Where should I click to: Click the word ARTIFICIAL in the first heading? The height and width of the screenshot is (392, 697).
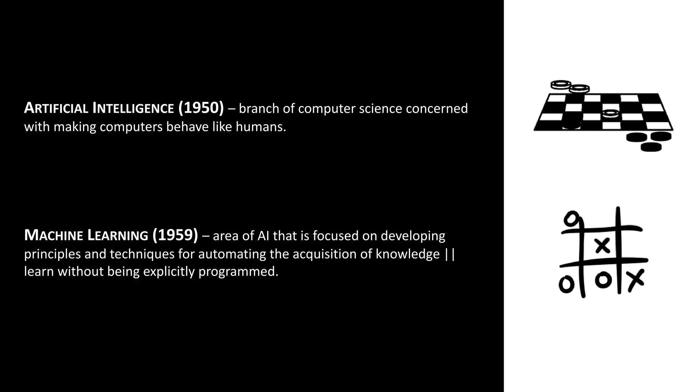(56, 108)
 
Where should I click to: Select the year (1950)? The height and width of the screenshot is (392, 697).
(201, 108)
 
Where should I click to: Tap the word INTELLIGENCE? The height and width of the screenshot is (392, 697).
(133, 108)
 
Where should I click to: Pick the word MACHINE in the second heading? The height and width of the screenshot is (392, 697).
(54, 235)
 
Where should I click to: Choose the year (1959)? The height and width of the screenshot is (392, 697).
(175, 235)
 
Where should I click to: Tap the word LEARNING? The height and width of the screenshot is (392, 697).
(118, 235)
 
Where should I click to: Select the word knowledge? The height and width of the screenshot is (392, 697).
(408, 254)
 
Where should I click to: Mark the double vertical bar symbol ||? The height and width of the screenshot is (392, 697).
(450, 254)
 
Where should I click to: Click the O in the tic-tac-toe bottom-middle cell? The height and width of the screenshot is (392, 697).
(603, 280)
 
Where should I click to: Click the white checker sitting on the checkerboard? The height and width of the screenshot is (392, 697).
(611, 113)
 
